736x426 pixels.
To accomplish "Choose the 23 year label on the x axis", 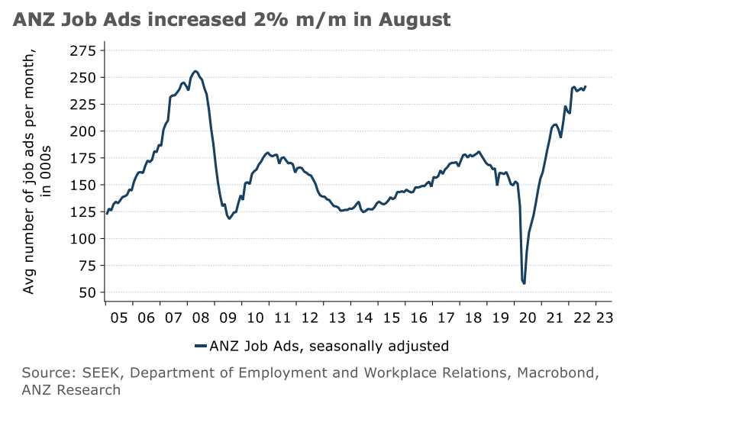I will point(603,317).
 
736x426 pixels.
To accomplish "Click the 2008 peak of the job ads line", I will point(195,71).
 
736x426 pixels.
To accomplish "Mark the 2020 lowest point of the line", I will point(525,283).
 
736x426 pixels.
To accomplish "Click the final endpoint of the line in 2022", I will point(586,86).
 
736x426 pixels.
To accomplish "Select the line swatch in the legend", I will point(202,346).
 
